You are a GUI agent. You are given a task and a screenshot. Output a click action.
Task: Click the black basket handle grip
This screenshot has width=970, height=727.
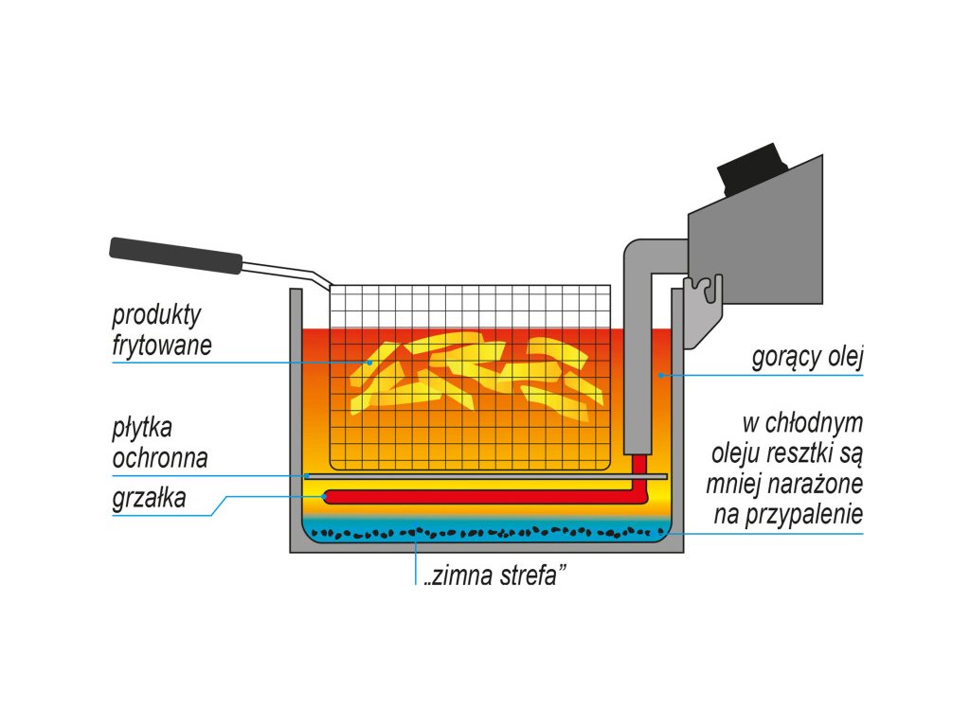coord(175,256)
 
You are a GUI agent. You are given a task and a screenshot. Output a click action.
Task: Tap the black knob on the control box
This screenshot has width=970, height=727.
coord(752,168)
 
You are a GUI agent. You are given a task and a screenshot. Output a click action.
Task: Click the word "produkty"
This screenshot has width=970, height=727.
coord(156,314)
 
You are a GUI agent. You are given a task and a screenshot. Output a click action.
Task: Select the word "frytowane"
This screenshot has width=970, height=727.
coord(162,346)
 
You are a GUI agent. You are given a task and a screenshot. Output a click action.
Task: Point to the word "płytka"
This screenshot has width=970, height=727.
coord(142,427)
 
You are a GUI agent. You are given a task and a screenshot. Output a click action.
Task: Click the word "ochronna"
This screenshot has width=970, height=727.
coord(160,458)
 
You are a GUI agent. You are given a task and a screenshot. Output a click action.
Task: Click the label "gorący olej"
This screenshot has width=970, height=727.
coord(808,358)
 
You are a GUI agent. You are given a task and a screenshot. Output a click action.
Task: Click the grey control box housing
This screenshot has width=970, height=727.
coord(758,246)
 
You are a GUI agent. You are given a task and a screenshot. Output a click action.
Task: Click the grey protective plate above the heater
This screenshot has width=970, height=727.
coord(483,475)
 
